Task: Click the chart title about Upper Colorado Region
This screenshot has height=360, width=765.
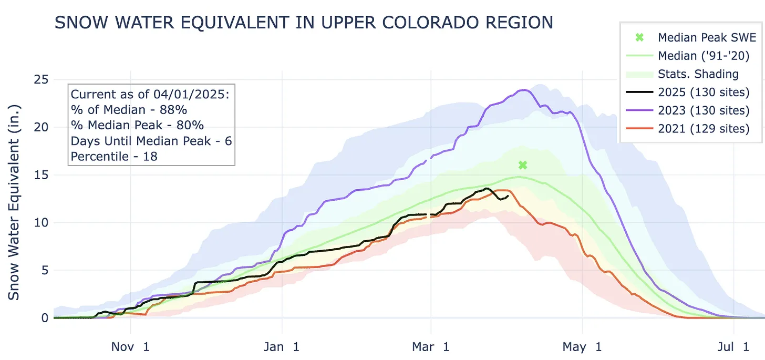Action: (x=304, y=23)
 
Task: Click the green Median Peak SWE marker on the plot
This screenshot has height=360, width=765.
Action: (x=522, y=165)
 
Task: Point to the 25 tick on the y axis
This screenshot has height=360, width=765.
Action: (x=42, y=79)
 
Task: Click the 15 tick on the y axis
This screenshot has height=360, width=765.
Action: (x=42, y=175)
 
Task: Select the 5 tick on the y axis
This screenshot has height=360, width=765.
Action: (x=45, y=270)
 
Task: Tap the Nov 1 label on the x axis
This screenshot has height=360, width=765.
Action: (x=130, y=347)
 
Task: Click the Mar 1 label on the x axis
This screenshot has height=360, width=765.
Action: (x=430, y=347)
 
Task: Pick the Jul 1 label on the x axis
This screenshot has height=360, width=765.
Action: (x=734, y=347)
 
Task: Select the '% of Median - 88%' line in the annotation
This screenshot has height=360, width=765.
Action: (x=129, y=110)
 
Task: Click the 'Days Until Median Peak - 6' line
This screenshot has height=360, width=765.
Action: (x=151, y=141)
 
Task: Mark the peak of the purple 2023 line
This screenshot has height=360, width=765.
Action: (x=524, y=90)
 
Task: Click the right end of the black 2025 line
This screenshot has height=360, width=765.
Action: (x=508, y=197)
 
